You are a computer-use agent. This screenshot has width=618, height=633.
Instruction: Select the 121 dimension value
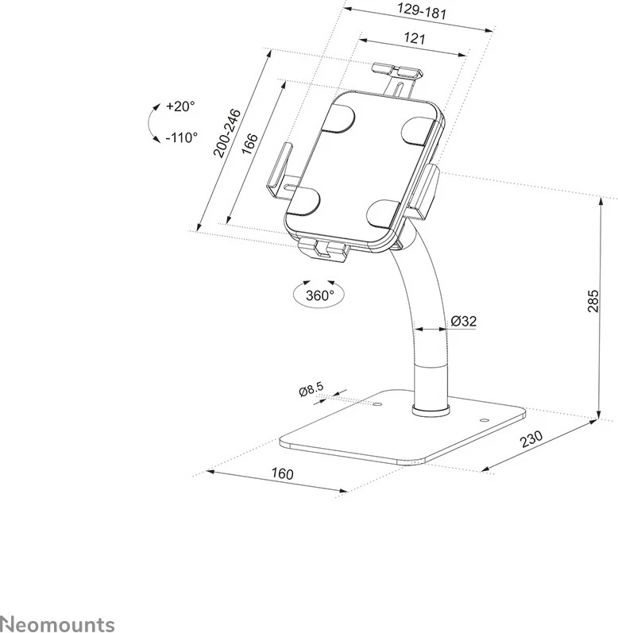click(x=413, y=38)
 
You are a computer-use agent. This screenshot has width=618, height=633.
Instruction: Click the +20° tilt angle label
click(x=181, y=106)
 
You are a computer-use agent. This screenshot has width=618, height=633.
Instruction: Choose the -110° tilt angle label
click(x=182, y=137)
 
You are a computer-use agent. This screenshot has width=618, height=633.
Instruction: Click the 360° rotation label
click(x=319, y=295)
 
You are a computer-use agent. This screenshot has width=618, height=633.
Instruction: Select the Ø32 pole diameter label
click(x=463, y=322)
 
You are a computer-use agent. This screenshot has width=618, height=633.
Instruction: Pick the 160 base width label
click(x=282, y=474)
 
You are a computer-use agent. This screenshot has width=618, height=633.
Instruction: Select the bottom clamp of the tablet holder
click(x=323, y=249)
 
